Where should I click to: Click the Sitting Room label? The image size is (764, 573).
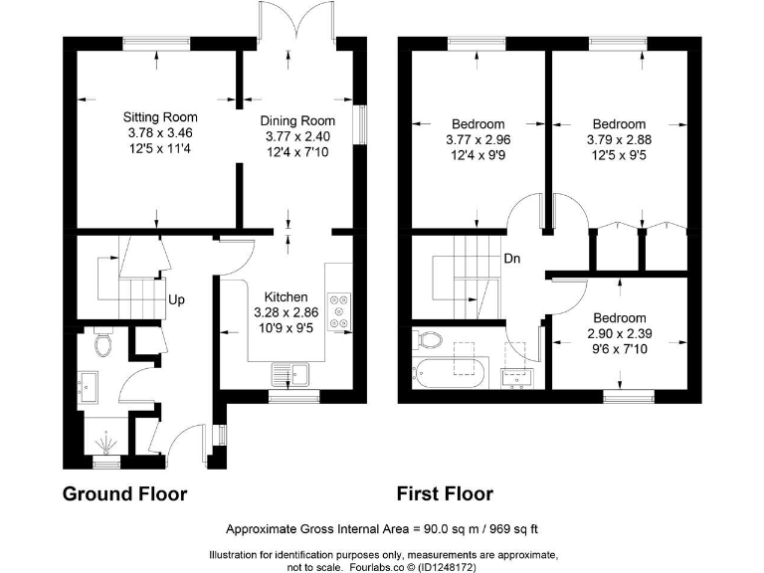pos(159,115)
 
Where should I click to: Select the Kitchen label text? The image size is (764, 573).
pos(285,297)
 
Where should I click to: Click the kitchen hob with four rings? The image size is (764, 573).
pos(339,309)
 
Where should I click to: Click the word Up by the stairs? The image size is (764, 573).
pos(176,299)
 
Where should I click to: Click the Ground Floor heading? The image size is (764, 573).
pos(124,493)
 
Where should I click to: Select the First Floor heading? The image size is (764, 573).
pos(445,493)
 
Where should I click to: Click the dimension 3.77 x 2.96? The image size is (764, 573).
pos(477,140)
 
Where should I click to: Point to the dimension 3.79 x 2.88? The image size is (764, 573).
pos(617,140)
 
